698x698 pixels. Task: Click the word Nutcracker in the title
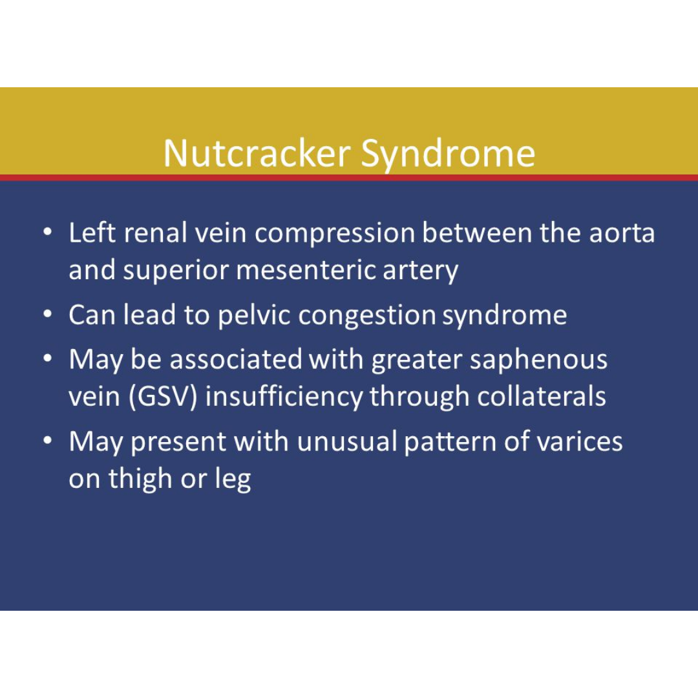[257, 153]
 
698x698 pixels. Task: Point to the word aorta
[622, 234]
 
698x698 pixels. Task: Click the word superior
[175, 271]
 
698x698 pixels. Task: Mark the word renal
[155, 233]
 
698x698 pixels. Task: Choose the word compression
[334, 234]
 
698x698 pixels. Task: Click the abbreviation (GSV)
[163, 396]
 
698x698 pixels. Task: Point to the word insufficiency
[284, 397]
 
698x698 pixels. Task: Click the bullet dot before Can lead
[48, 314]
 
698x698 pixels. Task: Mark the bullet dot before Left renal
[48, 232]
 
